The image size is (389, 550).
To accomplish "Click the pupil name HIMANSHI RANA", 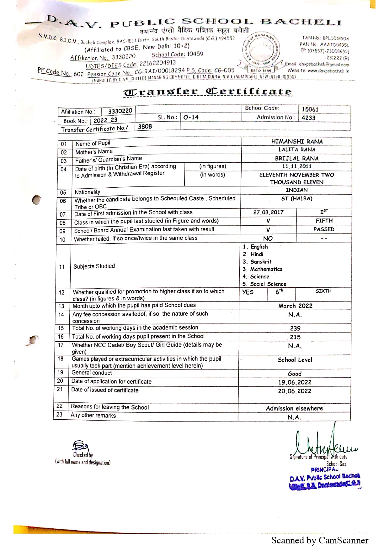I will [297, 142].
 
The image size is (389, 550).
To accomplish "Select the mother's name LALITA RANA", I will [297, 150].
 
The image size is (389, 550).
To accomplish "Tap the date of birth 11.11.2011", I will [296, 166].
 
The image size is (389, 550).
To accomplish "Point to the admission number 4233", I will [308, 118].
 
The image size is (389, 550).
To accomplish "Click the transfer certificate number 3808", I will [145, 127].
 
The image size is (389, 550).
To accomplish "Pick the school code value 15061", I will [310, 109].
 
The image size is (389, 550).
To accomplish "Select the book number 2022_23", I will [105, 120].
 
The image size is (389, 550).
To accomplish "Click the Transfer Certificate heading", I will [208, 92].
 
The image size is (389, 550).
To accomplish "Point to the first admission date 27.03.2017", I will [268, 212].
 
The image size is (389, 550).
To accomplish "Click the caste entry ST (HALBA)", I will [296, 198].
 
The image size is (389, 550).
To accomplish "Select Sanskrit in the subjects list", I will [261, 262].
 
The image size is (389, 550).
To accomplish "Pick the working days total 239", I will [295, 328].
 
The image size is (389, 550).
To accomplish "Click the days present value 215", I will [295, 337].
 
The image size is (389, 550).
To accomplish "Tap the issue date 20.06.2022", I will [295, 391].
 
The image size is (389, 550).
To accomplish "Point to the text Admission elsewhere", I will [294, 408].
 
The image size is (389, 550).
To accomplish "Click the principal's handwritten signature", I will [323, 442].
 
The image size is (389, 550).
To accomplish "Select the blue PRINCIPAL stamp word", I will [324, 470].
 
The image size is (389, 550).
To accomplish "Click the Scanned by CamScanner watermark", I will [320, 540].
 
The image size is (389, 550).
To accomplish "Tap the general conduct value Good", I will [295, 374].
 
